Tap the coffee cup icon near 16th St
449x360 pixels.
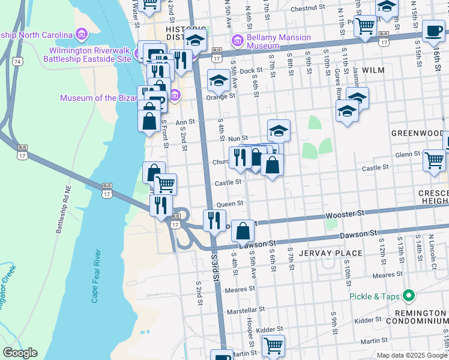click(433, 30)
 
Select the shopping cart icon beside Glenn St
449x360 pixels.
click(434, 160)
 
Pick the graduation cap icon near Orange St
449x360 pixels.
click(219, 80)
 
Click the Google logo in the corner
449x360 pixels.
click(20, 353)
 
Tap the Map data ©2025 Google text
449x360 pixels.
click(412, 355)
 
